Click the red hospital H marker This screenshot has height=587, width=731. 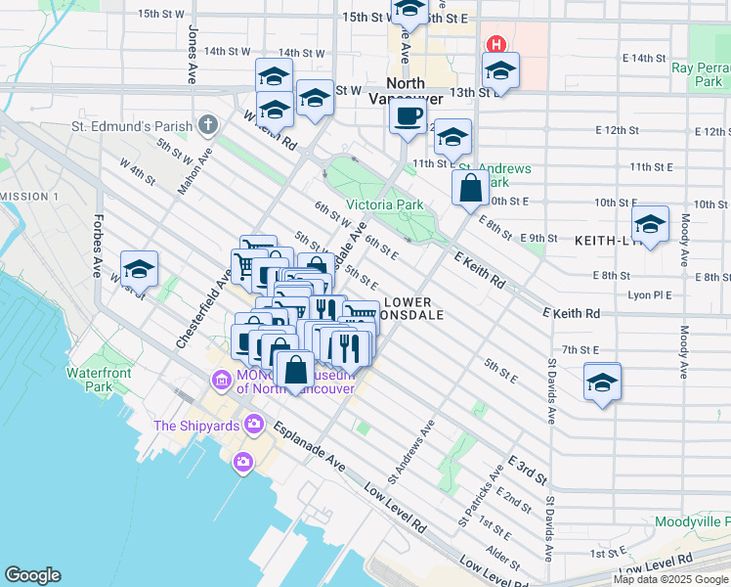tap(495, 44)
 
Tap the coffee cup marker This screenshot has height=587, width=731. tap(408, 116)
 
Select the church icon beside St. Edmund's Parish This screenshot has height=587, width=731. tap(206, 124)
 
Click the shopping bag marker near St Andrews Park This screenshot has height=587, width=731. tap(471, 187)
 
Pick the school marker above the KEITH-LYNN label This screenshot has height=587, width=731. tap(650, 224)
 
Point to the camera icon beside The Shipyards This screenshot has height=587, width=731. tap(254, 424)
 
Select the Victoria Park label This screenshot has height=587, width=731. tap(385, 204)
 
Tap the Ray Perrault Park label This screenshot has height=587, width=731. tap(697, 74)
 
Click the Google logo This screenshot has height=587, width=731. tap(32, 574)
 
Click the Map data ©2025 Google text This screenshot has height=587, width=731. tap(670, 579)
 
